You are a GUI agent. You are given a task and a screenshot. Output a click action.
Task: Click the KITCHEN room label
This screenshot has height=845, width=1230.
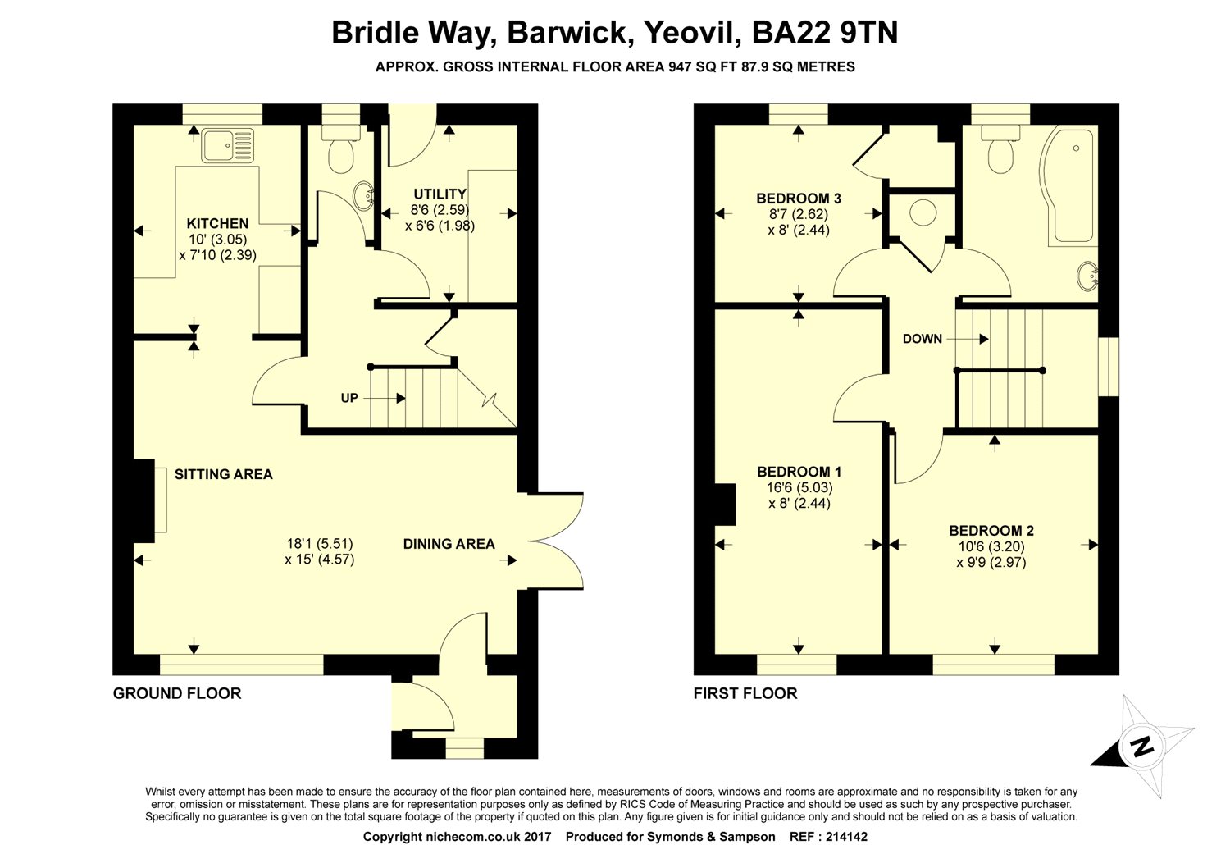click(217, 223)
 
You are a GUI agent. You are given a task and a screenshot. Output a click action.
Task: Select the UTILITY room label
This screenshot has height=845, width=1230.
click(440, 194)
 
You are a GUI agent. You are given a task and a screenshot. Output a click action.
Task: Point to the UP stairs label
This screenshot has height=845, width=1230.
click(349, 399)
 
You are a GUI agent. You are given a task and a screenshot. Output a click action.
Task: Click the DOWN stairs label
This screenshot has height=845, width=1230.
click(922, 339)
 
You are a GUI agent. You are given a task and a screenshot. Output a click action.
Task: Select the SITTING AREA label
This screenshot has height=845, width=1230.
click(223, 474)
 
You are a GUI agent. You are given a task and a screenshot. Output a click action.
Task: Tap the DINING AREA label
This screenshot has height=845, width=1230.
click(449, 544)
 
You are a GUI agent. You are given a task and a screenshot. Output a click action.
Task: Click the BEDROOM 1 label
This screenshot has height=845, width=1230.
click(799, 472)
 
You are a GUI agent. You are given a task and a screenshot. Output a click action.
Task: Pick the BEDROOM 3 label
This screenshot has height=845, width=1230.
click(799, 199)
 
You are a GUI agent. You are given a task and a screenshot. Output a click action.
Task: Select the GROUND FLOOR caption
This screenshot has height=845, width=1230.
click(177, 693)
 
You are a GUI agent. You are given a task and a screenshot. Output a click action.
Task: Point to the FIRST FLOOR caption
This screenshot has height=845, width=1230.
click(745, 693)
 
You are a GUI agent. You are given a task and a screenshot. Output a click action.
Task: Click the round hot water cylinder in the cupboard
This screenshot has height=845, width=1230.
click(924, 213)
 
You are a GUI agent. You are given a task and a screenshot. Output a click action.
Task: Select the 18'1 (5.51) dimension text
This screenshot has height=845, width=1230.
click(320, 543)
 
